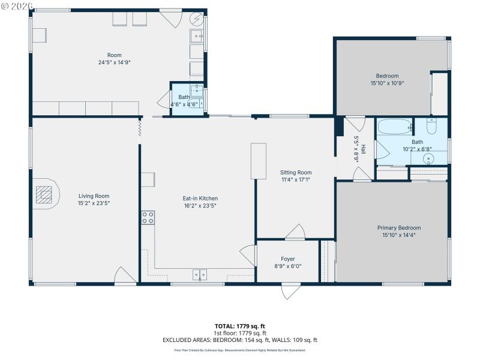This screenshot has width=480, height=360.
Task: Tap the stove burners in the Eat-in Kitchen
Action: [148, 218]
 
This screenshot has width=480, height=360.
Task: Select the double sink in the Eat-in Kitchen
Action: [200, 275]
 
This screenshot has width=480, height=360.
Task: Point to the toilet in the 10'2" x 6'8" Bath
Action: [431, 127]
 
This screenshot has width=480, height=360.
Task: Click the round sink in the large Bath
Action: [428, 159]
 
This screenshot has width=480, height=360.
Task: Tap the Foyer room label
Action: [287, 259]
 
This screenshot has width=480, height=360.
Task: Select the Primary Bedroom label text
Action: [398, 228]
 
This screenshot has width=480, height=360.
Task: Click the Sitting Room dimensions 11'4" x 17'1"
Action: [296, 179]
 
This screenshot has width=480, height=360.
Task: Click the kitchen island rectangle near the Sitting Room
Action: [259, 161]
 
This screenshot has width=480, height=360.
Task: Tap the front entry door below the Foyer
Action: [290, 291]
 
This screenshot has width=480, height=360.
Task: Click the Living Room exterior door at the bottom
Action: [125, 275]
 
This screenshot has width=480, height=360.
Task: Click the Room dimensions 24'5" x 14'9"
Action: [115, 62]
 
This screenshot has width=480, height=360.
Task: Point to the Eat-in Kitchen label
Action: [200, 198]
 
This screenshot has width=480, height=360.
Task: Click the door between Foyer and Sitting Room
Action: [295, 233]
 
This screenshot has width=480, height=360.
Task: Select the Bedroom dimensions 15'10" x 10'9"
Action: [387, 83]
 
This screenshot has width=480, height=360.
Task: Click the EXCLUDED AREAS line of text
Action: [240, 340]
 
